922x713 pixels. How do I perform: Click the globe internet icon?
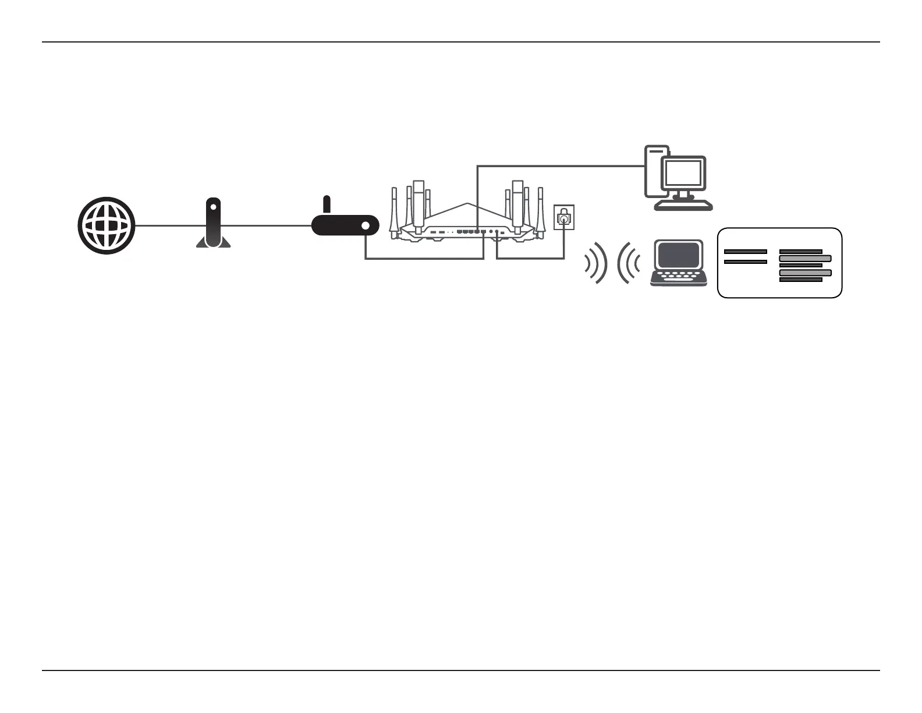tap(107, 226)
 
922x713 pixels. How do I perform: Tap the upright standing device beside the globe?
tap(214, 224)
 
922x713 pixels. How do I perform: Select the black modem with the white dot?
tap(345, 225)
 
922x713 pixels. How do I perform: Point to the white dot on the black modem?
tap(366, 225)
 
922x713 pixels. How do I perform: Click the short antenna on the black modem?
tap(327, 204)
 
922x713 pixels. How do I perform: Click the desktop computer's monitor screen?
tap(683, 173)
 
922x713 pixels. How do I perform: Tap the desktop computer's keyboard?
tap(683, 206)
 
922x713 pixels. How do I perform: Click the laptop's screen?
tap(678, 255)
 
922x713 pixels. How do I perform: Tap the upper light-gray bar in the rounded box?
tap(805, 258)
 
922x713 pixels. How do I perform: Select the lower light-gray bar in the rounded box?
tap(805, 273)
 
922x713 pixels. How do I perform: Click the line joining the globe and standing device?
tap(166, 226)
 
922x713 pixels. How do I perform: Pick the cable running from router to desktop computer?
tap(559, 166)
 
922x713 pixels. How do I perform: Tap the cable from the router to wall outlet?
tap(530, 258)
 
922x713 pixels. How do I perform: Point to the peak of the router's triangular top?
tap(467, 203)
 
